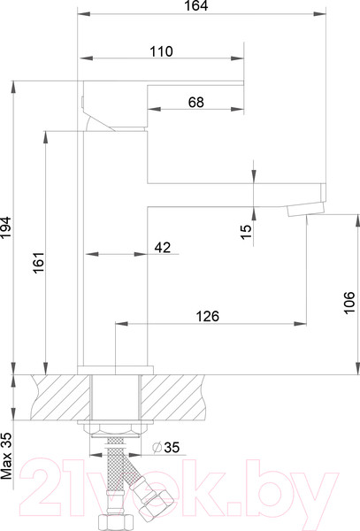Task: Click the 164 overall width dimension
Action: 196,6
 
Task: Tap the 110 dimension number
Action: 161,51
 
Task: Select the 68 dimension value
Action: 196,102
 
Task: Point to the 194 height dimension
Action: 6,227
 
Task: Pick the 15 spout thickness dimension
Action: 247,232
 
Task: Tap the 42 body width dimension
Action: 163,248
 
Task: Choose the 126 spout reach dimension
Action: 208,316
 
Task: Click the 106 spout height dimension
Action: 349,302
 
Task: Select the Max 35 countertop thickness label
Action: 6,456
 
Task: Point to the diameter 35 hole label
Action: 165,447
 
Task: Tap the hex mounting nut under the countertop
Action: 115,431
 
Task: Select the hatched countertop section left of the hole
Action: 61,397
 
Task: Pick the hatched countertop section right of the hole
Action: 173,397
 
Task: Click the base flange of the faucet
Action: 115,370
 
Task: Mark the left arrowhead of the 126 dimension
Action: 122,324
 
